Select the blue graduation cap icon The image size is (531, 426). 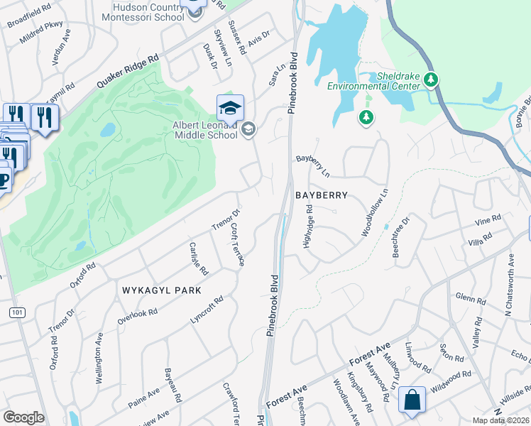pyautogui.click(x=230, y=108)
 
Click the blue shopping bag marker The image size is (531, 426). pyautogui.click(x=412, y=400)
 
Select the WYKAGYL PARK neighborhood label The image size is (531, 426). pyautogui.click(x=162, y=290)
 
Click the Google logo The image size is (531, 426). pyautogui.click(x=23, y=417)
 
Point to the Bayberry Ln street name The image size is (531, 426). pyautogui.click(x=314, y=167)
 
